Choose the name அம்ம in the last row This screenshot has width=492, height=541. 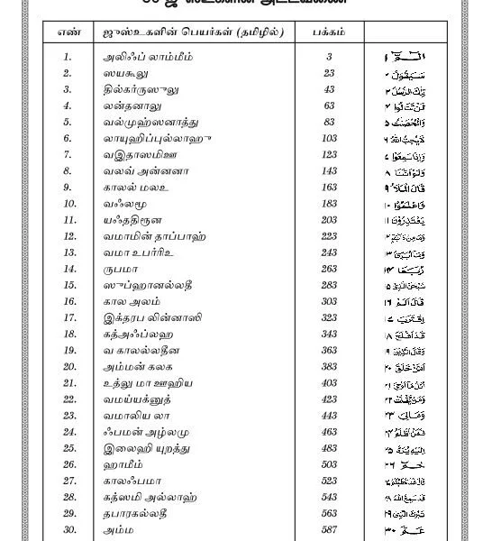pyautogui.click(x=118, y=530)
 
